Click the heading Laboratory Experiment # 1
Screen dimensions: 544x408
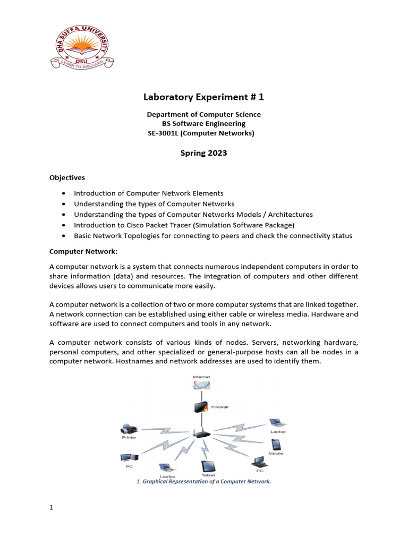click(x=203, y=97)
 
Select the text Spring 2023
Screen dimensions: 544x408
click(x=203, y=153)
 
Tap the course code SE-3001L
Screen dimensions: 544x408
click(x=166, y=133)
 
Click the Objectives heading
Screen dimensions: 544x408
click(x=67, y=177)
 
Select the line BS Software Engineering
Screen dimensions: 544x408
click(x=203, y=124)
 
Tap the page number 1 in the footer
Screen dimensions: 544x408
click(x=52, y=508)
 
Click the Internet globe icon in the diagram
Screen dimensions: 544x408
click(x=201, y=387)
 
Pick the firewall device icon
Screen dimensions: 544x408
click(x=200, y=408)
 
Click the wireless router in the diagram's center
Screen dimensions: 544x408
click(x=201, y=433)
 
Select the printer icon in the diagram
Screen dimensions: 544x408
click(x=130, y=429)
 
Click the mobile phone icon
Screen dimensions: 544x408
click(x=276, y=444)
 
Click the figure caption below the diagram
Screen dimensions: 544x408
click(x=204, y=481)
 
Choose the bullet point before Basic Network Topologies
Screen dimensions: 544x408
click(x=64, y=236)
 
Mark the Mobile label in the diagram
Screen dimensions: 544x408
click(x=276, y=453)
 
